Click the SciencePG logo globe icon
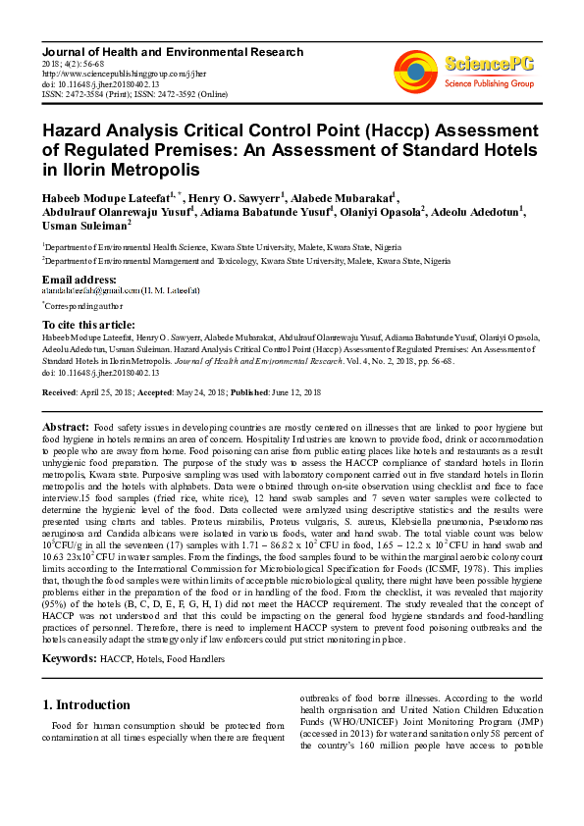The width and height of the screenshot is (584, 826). [x=415, y=71]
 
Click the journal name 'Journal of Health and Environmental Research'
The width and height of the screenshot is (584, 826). [x=173, y=52]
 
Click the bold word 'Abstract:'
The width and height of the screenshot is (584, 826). [x=66, y=429]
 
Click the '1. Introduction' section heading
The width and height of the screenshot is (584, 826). [x=87, y=704]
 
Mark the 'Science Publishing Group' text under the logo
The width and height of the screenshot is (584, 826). [x=488, y=83]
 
